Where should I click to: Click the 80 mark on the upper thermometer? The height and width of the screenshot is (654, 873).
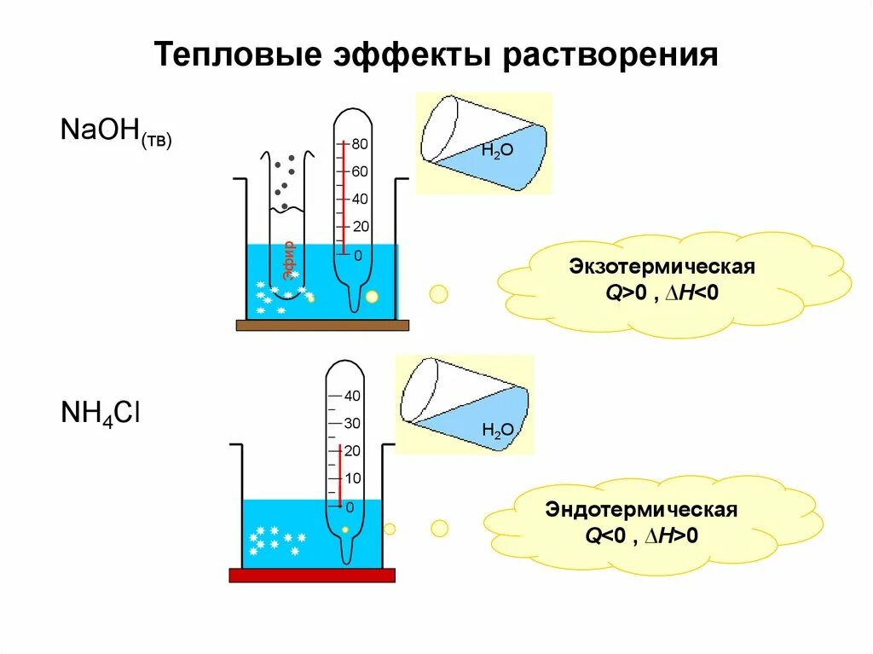tap(360, 144)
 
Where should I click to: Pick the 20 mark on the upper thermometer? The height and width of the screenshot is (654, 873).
tap(360, 227)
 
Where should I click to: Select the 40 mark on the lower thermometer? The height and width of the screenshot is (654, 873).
tap(352, 396)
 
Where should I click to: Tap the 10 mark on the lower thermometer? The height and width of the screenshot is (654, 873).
tap(352, 478)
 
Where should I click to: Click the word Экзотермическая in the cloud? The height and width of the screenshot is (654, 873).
tap(662, 268)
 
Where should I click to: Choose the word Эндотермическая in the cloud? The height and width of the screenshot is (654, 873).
tap(641, 511)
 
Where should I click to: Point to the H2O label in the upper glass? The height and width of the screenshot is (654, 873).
tap(497, 151)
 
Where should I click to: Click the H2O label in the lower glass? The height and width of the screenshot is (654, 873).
tap(497, 430)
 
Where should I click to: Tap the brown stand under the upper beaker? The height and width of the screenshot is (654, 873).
tap(322, 325)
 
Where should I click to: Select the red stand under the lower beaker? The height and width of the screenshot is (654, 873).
tap(312, 575)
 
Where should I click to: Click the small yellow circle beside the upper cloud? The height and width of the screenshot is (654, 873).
tap(438, 294)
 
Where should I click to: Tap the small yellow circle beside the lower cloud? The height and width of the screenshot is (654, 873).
tap(439, 529)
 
